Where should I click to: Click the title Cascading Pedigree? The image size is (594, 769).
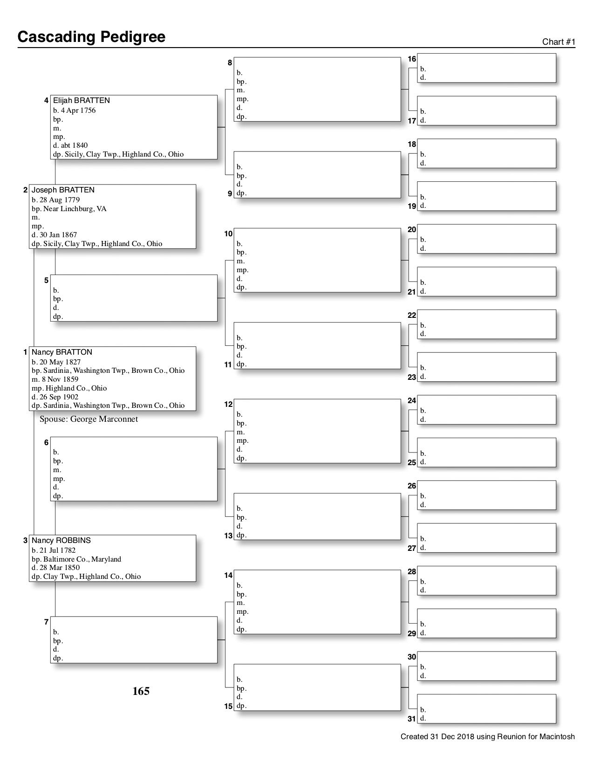tap(91, 37)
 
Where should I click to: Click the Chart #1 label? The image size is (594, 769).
tap(559, 42)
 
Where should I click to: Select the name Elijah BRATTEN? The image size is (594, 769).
tap(82, 101)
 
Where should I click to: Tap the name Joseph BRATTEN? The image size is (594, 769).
tap(63, 190)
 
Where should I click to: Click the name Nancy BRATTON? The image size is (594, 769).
tap(62, 352)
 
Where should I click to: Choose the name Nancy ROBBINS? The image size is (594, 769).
tap(61, 541)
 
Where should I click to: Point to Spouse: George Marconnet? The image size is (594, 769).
tap(89, 419)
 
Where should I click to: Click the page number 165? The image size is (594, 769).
tap(141, 691)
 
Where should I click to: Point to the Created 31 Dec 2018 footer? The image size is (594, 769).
tap(487, 737)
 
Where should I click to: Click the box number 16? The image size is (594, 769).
tap(412, 59)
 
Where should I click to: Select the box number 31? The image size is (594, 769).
tap(412, 719)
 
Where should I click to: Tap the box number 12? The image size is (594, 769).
tap(228, 405)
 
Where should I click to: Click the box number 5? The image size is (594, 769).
tap(46, 281)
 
